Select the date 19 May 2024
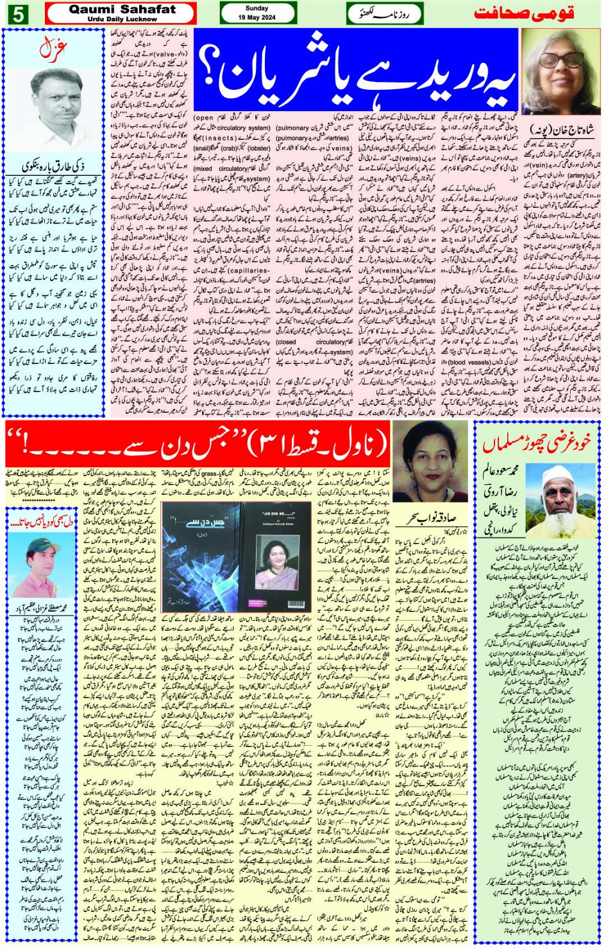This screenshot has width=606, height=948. pos(257,17)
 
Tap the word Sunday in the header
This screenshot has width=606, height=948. pos(257,8)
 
